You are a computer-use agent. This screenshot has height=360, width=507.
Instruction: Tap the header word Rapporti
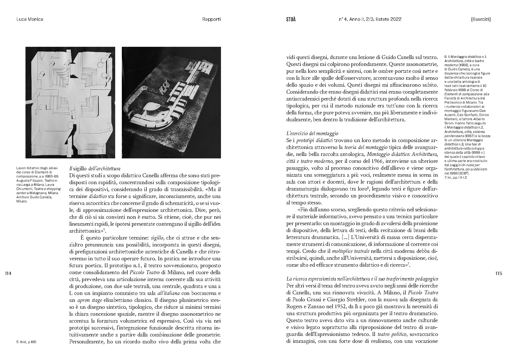tap(211, 19)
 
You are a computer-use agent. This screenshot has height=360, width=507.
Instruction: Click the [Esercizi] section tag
tap(480, 19)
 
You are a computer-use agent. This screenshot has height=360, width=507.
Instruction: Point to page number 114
tap(8, 273)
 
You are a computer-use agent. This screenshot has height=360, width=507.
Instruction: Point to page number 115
tap(498, 273)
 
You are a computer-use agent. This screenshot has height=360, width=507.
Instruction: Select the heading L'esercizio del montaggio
tap(312, 133)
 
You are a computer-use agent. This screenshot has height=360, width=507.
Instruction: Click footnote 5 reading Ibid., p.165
tap(27, 342)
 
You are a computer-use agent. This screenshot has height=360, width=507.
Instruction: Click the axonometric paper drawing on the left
tap(70, 102)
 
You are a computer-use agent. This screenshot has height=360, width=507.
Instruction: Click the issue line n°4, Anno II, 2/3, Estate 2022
tap(370, 19)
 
